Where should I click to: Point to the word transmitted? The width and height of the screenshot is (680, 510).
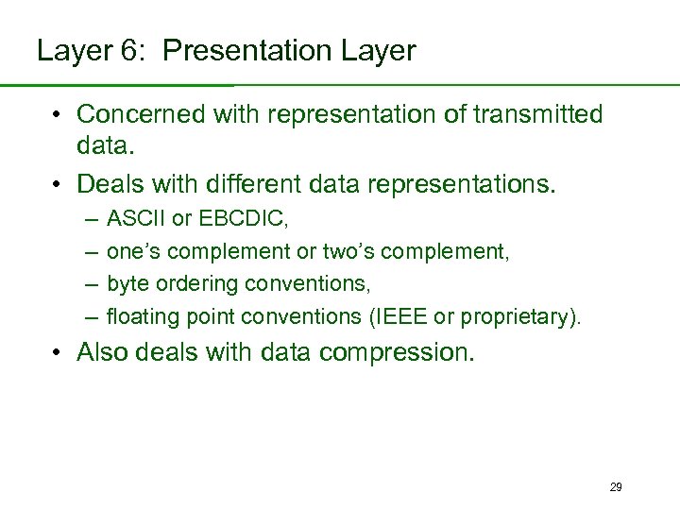pyautogui.click(x=538, y=115)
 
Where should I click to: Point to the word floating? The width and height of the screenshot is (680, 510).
pyautogui.click(x=138, y=316)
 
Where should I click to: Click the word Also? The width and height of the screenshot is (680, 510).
pyautogui.click(x=102, y=352)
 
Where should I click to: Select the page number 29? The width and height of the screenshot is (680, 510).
pyautogui.click(x=616, y=487)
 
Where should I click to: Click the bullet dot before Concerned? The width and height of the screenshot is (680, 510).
pyautogui.click(x=59, y=116)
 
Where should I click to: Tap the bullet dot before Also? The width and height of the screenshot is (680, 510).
pyautogui.click(x=59, y=353)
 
